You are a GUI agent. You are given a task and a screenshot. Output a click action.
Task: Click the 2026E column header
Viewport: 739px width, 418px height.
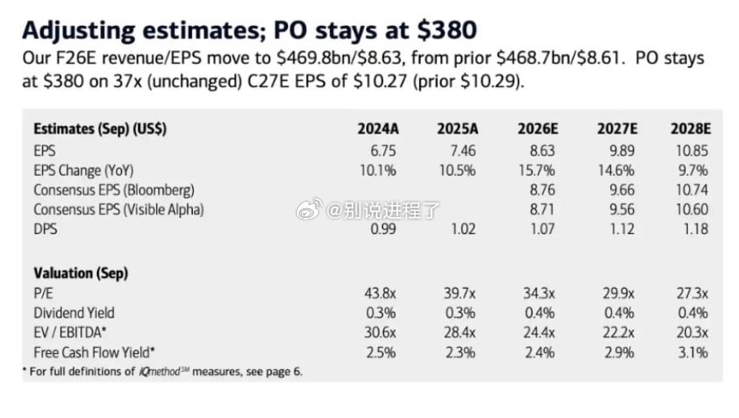pos(538,128)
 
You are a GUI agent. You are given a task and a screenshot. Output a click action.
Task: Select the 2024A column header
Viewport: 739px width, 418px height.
pos(378,128)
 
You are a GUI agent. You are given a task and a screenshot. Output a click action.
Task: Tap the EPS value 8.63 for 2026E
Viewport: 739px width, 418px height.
pos(543,150)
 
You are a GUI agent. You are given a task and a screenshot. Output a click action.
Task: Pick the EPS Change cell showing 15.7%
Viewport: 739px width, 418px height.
pos(537,171)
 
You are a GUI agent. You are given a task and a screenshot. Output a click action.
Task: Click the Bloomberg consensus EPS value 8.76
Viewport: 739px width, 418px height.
pos(543,189)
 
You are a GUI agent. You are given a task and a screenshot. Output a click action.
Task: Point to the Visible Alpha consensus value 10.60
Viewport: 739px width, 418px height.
pos(692,210)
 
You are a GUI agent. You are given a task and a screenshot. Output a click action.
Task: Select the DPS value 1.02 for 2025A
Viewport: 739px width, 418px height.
pos(463,229)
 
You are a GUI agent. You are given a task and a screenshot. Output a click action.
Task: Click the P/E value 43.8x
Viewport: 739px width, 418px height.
pos(380,294)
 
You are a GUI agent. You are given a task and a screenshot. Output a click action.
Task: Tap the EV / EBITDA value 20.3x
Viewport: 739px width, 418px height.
pos(693,333)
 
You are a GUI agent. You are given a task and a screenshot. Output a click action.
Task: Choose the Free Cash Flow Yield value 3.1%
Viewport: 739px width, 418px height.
pos(693,353)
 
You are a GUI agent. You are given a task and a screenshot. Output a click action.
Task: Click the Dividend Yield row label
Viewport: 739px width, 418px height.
pos(74,313)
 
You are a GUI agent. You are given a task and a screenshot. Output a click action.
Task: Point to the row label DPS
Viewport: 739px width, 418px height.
pos(46,229)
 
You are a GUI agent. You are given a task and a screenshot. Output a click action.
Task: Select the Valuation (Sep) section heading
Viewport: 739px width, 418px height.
pos(81,273)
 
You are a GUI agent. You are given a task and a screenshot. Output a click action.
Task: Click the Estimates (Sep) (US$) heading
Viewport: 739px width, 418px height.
pos(100,128)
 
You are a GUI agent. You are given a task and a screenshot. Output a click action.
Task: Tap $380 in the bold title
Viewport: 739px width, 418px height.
pos(447,30)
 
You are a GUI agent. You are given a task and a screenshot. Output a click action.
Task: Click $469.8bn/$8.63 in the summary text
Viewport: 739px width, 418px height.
pos(339,59)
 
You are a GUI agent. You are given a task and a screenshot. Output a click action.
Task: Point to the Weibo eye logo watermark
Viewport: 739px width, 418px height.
pos(309,208)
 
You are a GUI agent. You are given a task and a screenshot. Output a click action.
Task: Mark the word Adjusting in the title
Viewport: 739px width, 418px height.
pos(79,31)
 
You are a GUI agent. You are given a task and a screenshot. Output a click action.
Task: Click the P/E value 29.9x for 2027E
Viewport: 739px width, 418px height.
pos(619,294)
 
